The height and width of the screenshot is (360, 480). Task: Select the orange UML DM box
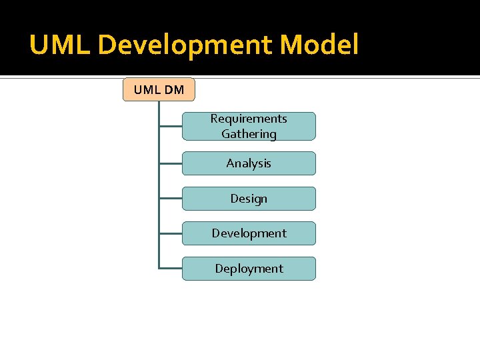tap(159, 89)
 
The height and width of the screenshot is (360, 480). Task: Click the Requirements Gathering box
tap(249, 126)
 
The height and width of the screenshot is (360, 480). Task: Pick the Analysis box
tap(249, 163)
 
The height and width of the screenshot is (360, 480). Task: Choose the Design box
tap(249, 199)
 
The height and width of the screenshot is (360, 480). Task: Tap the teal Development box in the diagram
tap(249, 233)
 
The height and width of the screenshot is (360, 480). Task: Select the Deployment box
tap(249, 269)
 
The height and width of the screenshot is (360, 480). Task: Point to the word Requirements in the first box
tap(249, 119)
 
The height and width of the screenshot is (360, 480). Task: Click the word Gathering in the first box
tap(249, 134)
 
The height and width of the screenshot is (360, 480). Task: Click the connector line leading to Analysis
tap(171, 163)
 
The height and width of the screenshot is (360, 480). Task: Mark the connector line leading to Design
tap(171, 199)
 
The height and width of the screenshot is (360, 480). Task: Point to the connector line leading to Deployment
tap(171, 269)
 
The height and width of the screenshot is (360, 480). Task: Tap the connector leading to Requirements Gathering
tap(171, 126)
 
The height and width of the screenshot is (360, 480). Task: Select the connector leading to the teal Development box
tap(171, 233)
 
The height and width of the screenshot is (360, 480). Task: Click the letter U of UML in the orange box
tap(137, 89)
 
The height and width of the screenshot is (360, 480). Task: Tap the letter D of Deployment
tap(219, 269)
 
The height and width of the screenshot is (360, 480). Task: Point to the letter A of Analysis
tap(230, 163)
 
